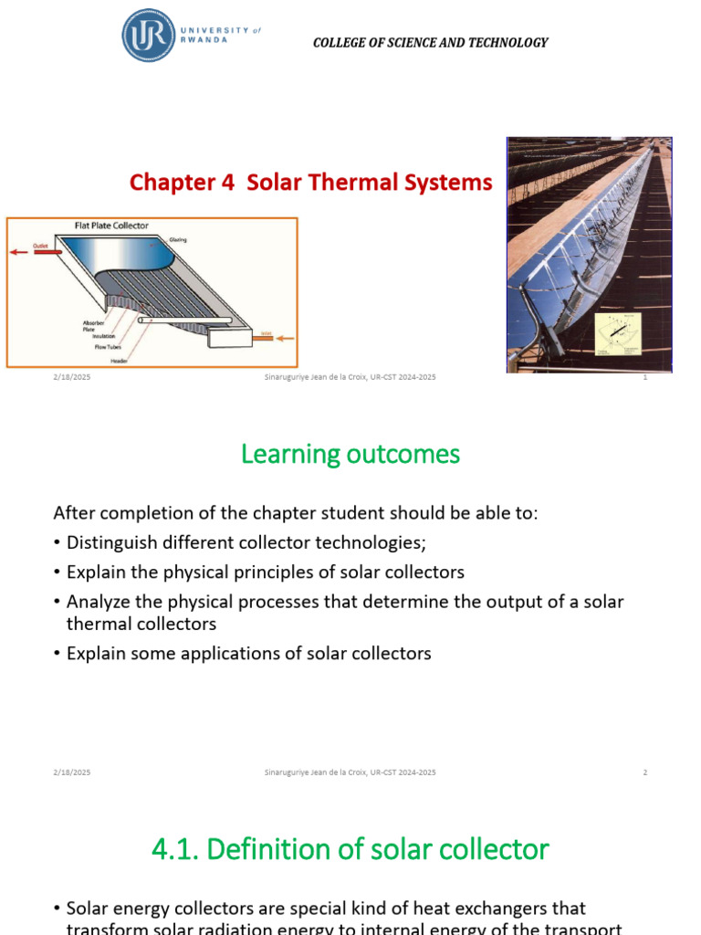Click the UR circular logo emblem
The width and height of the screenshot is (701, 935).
point(148,36)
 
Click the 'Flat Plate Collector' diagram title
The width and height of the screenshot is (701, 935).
point(111,226)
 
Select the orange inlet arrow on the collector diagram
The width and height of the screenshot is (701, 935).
point(283,339)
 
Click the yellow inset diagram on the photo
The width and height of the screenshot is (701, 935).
point(619,334)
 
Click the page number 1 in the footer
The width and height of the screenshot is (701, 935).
point(645,378)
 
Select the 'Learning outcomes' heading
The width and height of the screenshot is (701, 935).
point(350,454)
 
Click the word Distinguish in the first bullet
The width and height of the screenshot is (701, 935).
point(112,543)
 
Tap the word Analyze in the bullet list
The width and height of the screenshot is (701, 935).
point(96,603)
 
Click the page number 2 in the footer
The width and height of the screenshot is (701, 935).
point(645,772)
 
